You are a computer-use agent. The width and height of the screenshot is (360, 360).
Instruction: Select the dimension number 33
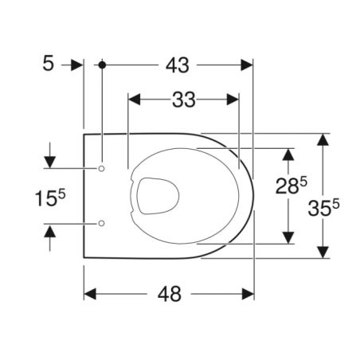183,100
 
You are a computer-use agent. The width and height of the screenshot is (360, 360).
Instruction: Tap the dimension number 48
168,294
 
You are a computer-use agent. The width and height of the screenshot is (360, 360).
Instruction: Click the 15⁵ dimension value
49,197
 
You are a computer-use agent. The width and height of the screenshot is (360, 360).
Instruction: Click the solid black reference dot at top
101,65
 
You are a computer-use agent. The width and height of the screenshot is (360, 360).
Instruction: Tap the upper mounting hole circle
101,169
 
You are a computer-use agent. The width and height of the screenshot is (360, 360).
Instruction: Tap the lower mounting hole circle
101,224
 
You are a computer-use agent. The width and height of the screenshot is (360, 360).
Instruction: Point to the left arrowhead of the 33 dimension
134,100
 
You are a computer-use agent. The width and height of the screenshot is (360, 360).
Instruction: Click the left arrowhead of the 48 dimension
90,294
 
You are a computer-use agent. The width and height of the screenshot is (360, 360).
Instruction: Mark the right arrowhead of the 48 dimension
248,294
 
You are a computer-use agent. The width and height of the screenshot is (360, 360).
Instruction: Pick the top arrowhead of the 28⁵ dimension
288,154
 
